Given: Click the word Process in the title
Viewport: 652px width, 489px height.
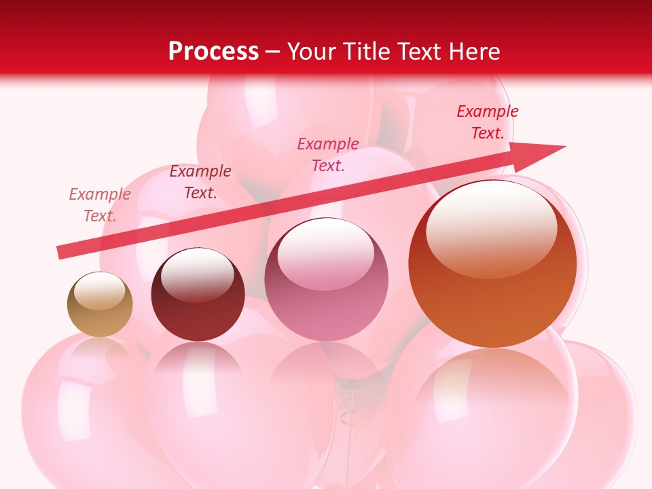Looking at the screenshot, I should point(213,52).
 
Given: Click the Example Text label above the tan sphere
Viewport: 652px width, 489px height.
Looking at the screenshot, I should point(99,205).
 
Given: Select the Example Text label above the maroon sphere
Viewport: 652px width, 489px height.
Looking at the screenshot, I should point(200,182).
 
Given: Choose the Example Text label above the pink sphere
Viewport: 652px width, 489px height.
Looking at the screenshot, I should point(328,154).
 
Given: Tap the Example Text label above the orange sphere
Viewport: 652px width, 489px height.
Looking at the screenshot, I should point(487,122).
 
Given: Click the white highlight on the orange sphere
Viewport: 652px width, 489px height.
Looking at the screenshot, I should point(491,228).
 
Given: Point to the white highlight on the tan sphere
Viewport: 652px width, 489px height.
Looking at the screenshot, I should point(99,290).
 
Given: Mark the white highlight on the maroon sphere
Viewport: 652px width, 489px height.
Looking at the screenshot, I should point(197,275).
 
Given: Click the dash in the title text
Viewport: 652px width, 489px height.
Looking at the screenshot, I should point(273,52).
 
